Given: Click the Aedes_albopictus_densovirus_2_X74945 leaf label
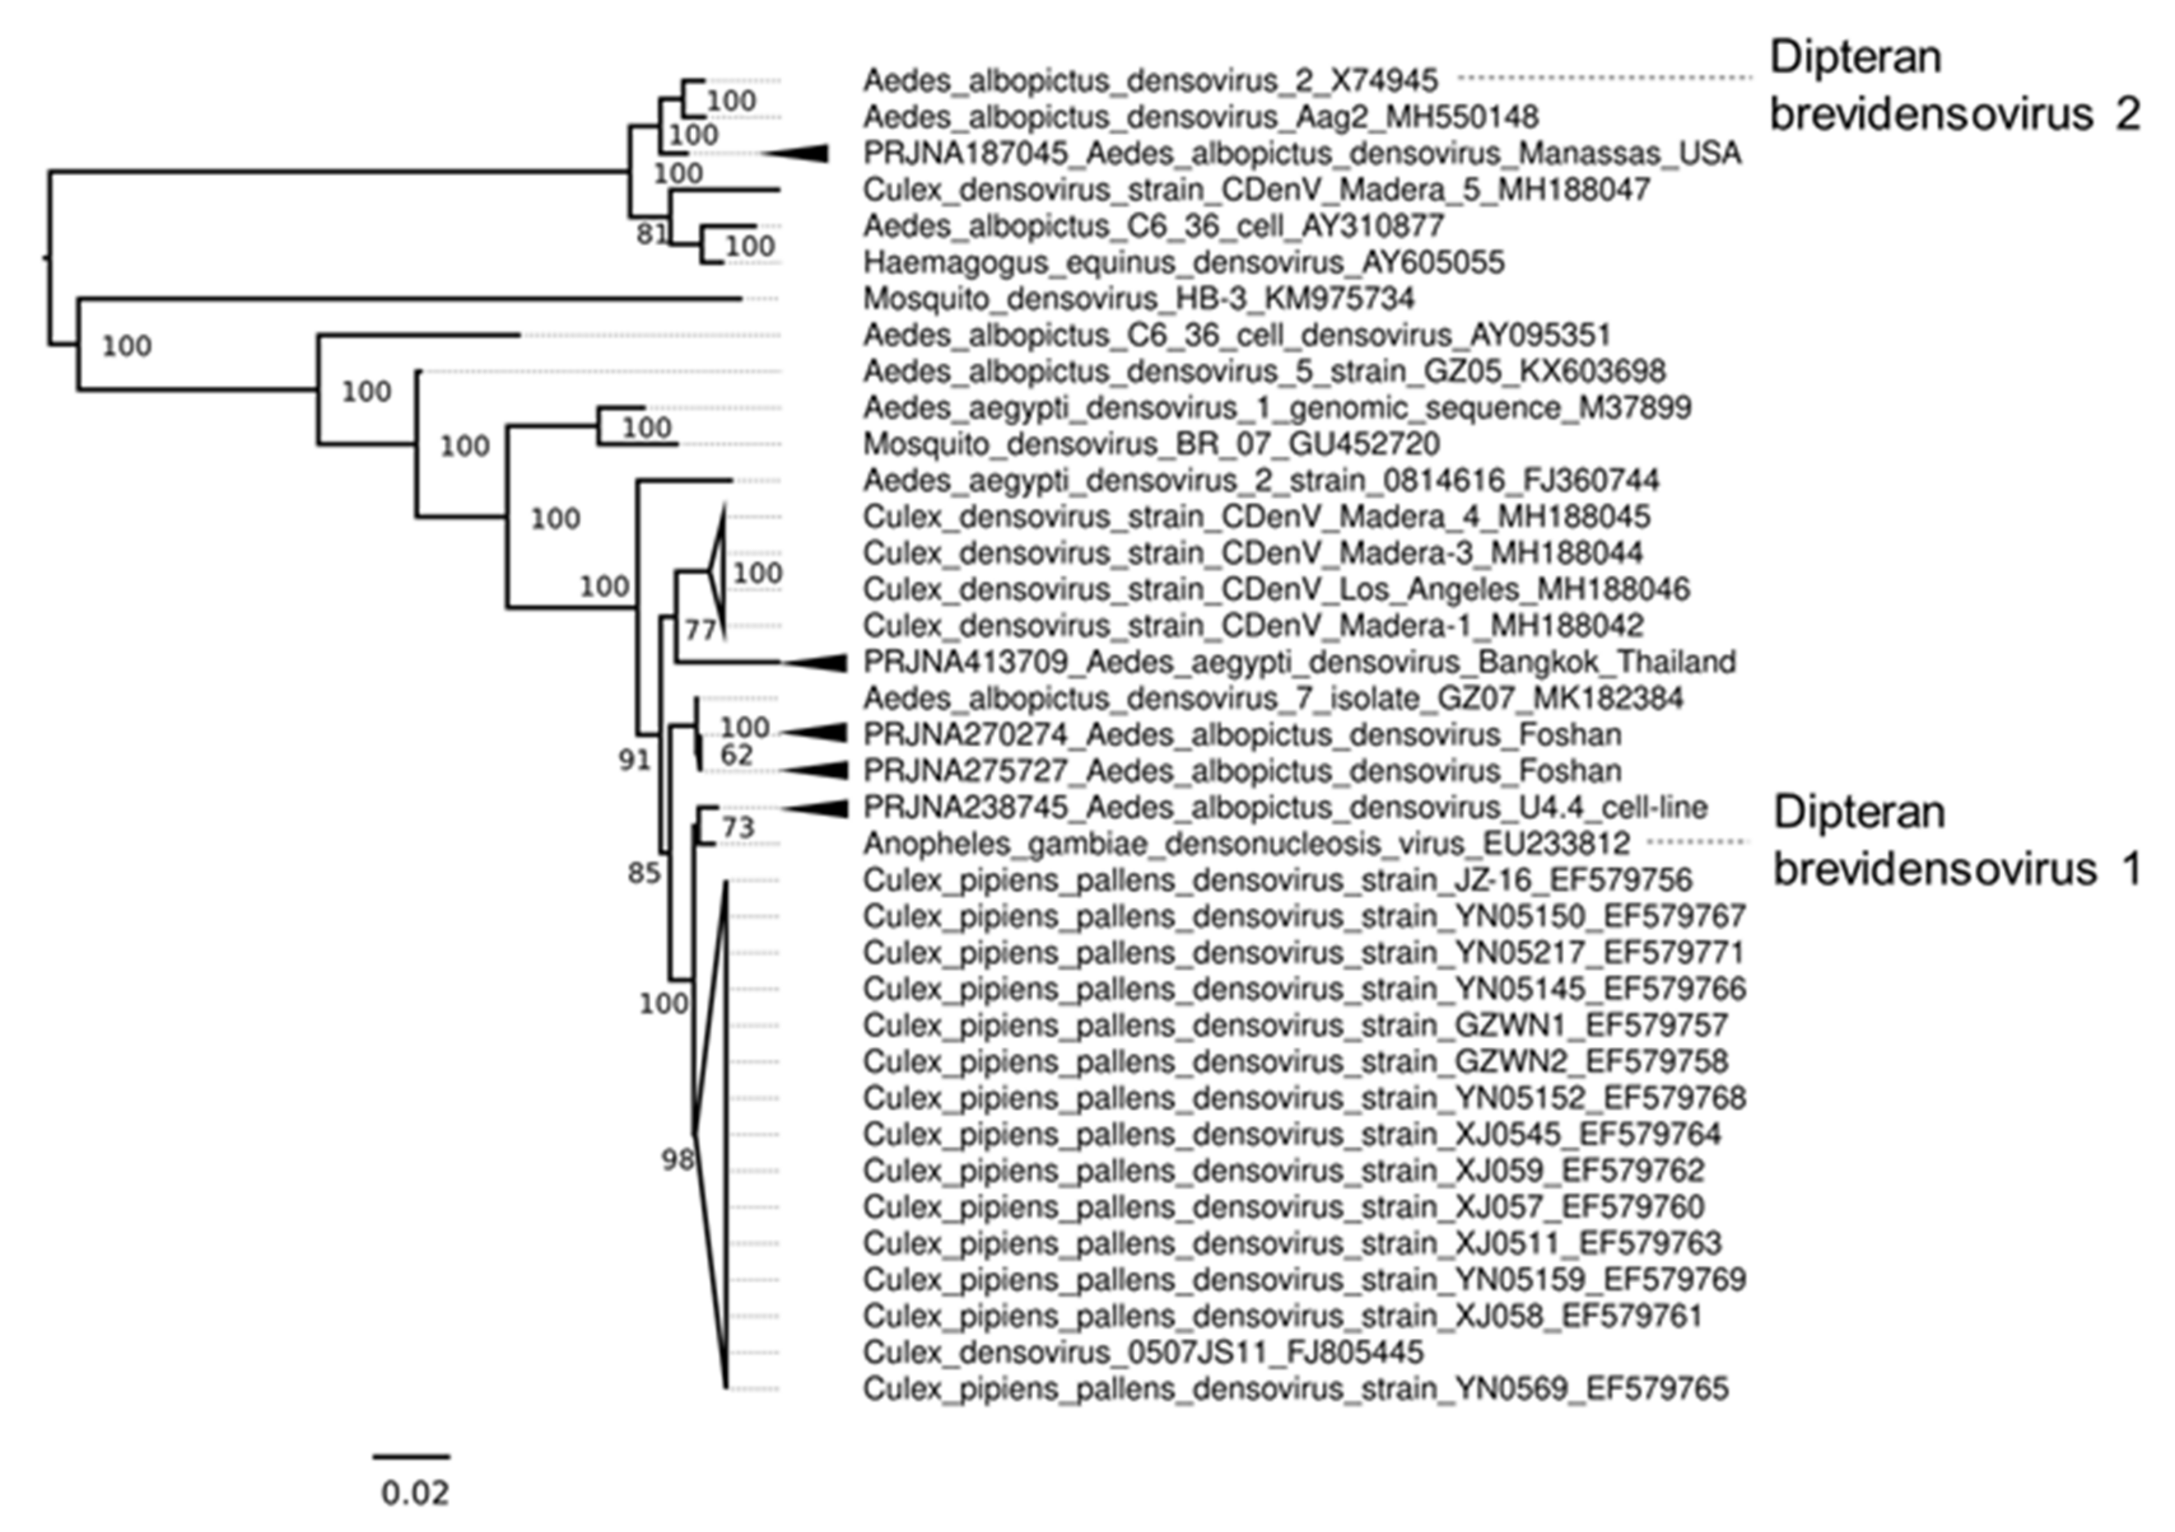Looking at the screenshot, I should tap(1149, 81).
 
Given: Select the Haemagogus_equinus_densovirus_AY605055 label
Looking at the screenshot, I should tap(1183, 262).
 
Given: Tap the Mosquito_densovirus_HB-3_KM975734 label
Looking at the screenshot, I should tap(1138, 299).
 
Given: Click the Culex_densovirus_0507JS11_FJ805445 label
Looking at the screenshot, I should tap(1142, 1352).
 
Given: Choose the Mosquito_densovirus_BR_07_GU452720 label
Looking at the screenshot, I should tap(1151, 444).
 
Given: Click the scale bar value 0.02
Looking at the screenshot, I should tap(414, 1493).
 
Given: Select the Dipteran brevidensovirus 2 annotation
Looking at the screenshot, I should tap(1954, 86).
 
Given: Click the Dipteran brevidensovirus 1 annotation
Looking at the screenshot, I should tap(1956, 841).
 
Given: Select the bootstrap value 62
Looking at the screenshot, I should tap(736, 755).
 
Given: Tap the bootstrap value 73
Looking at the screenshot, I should tap(738, 828).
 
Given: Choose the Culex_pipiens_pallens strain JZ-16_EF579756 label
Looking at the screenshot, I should tap(1276, 881).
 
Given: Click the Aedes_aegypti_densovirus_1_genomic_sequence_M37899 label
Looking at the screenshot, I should tap(1276, 408).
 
